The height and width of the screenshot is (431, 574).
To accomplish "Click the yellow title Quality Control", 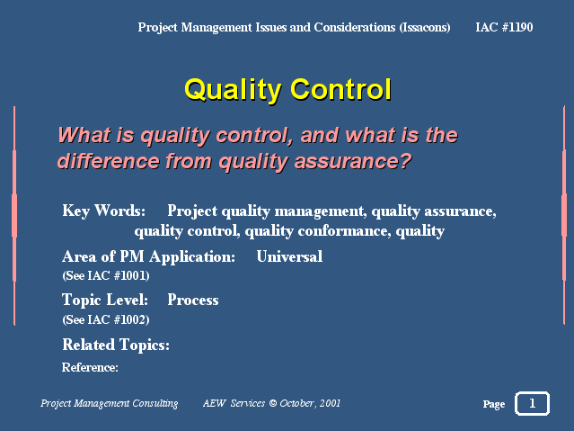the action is tap(287, 90).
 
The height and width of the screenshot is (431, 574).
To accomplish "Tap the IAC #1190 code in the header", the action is tap(504, 27).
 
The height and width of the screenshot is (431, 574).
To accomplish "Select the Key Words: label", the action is tap(104, 211).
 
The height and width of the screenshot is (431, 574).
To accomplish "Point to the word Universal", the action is tap(289, 256).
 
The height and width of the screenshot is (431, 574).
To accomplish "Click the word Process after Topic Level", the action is tap(193, 300).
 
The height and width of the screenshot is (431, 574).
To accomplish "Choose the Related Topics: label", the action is tap(116, 345).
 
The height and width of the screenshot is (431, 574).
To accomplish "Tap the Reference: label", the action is tap(90, 367).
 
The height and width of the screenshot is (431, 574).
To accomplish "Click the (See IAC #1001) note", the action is tap(106, 275).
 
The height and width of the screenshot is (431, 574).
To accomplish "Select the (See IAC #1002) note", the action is tap(106, 319).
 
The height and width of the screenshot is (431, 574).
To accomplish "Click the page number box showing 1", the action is tap(532, 403).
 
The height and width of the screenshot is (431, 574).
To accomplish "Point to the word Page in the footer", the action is tap(494, 404).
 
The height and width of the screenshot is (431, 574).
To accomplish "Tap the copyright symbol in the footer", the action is tap(273, 403).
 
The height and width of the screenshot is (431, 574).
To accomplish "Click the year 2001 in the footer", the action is tap(330, 403).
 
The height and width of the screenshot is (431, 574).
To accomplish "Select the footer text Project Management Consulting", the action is tap(109, 403).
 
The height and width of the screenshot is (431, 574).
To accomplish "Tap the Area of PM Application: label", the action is tap(148, 256).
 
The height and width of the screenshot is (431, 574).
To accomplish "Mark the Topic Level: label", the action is tap(105, 300).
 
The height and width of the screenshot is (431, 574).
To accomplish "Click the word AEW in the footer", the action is tap(215, 403).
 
